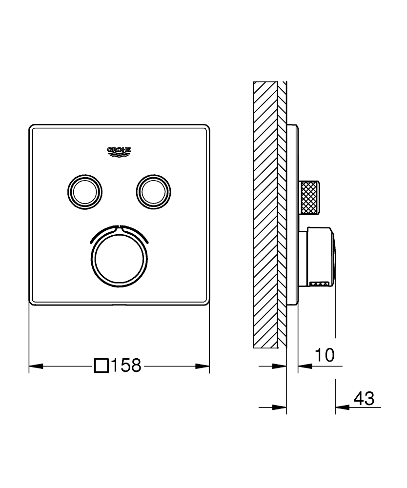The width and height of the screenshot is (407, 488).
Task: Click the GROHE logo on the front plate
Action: pyautogui.click(x=119, y=152)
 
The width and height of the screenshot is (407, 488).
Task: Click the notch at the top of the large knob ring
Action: pyautogui.click(x=119, y=226)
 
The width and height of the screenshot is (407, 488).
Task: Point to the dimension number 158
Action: pyautogui.click(x=126, y=365)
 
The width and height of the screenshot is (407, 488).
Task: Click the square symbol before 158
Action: pyautogui.click(x=101, y=365)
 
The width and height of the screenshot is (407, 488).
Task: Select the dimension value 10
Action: pyautogui.click(x=324, y=355)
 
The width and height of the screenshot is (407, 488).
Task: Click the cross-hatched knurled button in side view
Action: pyautogui.click(x=310, y=197)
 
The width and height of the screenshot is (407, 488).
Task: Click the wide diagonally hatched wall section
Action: pyautogui.click(x=265, y=215)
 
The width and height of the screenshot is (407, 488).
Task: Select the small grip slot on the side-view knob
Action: pyautogui.click(x=320, y=283)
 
